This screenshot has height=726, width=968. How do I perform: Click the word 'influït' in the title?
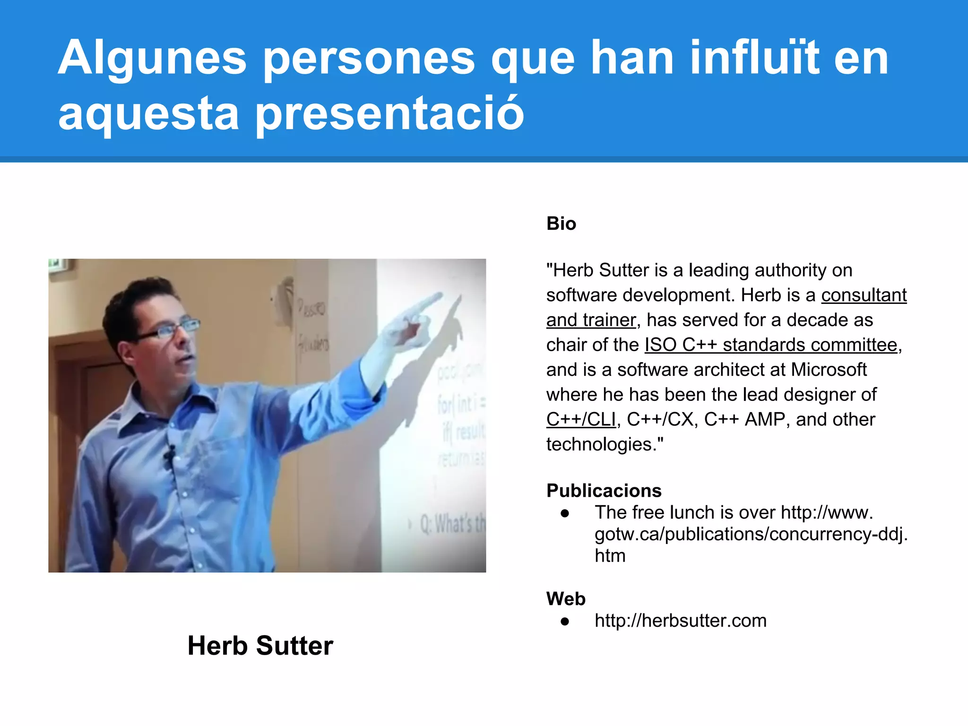pos(754,58)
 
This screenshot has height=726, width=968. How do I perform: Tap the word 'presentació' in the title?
pos(389,113)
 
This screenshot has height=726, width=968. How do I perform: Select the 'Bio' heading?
pos(561,224)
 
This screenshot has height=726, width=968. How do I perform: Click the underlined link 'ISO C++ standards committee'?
pos(771,345)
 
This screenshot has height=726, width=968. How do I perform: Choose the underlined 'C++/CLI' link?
pos(581,420)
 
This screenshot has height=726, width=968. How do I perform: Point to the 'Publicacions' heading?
pos(604,491)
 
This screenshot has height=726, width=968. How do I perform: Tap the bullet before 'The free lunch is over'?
pos(565,513)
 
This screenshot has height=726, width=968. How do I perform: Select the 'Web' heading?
pos(566,599)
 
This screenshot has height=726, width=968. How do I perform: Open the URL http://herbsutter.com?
pos(681,621)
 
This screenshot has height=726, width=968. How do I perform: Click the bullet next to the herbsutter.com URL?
pos(565,621)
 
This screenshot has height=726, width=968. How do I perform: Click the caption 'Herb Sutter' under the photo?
pos(260,646)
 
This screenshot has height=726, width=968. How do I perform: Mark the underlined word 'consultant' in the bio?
pos(864,295)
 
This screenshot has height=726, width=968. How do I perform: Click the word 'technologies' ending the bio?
pos(601,444)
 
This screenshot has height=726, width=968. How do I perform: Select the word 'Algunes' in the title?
pos(152,58)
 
